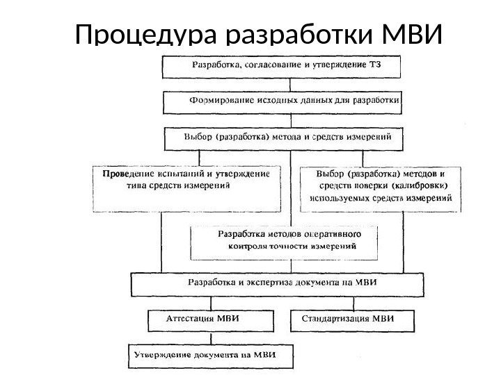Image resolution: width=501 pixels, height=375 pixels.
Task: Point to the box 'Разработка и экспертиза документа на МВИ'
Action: [x=278, y=284]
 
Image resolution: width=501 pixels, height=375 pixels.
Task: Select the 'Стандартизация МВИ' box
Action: [x=349, y=321]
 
